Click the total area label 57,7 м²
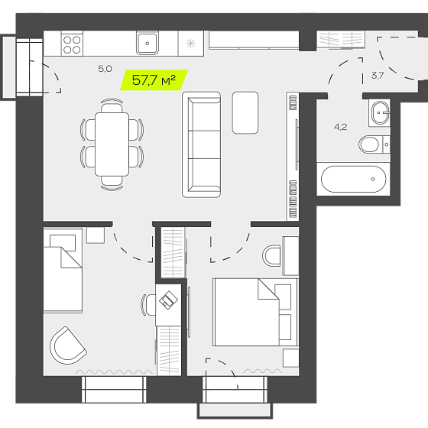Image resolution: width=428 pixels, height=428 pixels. click(154, 80)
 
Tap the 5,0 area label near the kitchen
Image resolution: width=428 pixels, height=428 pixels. click(105, 69)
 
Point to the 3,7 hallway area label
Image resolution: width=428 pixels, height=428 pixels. click(378, 76)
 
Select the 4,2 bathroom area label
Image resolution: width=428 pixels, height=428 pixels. click(340, 127)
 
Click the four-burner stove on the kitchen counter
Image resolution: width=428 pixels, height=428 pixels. click(72, 44)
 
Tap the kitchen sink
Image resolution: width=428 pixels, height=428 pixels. click(148, 43)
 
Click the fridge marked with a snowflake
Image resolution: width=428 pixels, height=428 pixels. click(191, 44)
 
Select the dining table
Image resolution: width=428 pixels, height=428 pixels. click(112, 144)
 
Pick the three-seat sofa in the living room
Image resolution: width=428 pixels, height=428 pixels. click(202, 144)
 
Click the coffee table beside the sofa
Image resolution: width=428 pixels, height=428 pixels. click(245, 113)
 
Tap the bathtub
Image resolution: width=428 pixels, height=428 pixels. click(353, 179)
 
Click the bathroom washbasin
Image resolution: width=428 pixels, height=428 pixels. click(380, 112)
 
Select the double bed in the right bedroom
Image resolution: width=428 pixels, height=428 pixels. click(255, 312)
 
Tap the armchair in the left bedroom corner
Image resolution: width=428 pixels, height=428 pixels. click(68, 345)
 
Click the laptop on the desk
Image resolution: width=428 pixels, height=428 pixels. click(168, 300)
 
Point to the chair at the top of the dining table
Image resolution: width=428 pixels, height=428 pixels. click(112, 105)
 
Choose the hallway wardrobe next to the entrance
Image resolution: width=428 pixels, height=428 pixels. click(341, 40)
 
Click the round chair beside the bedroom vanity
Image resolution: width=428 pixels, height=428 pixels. click(271, 256)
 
